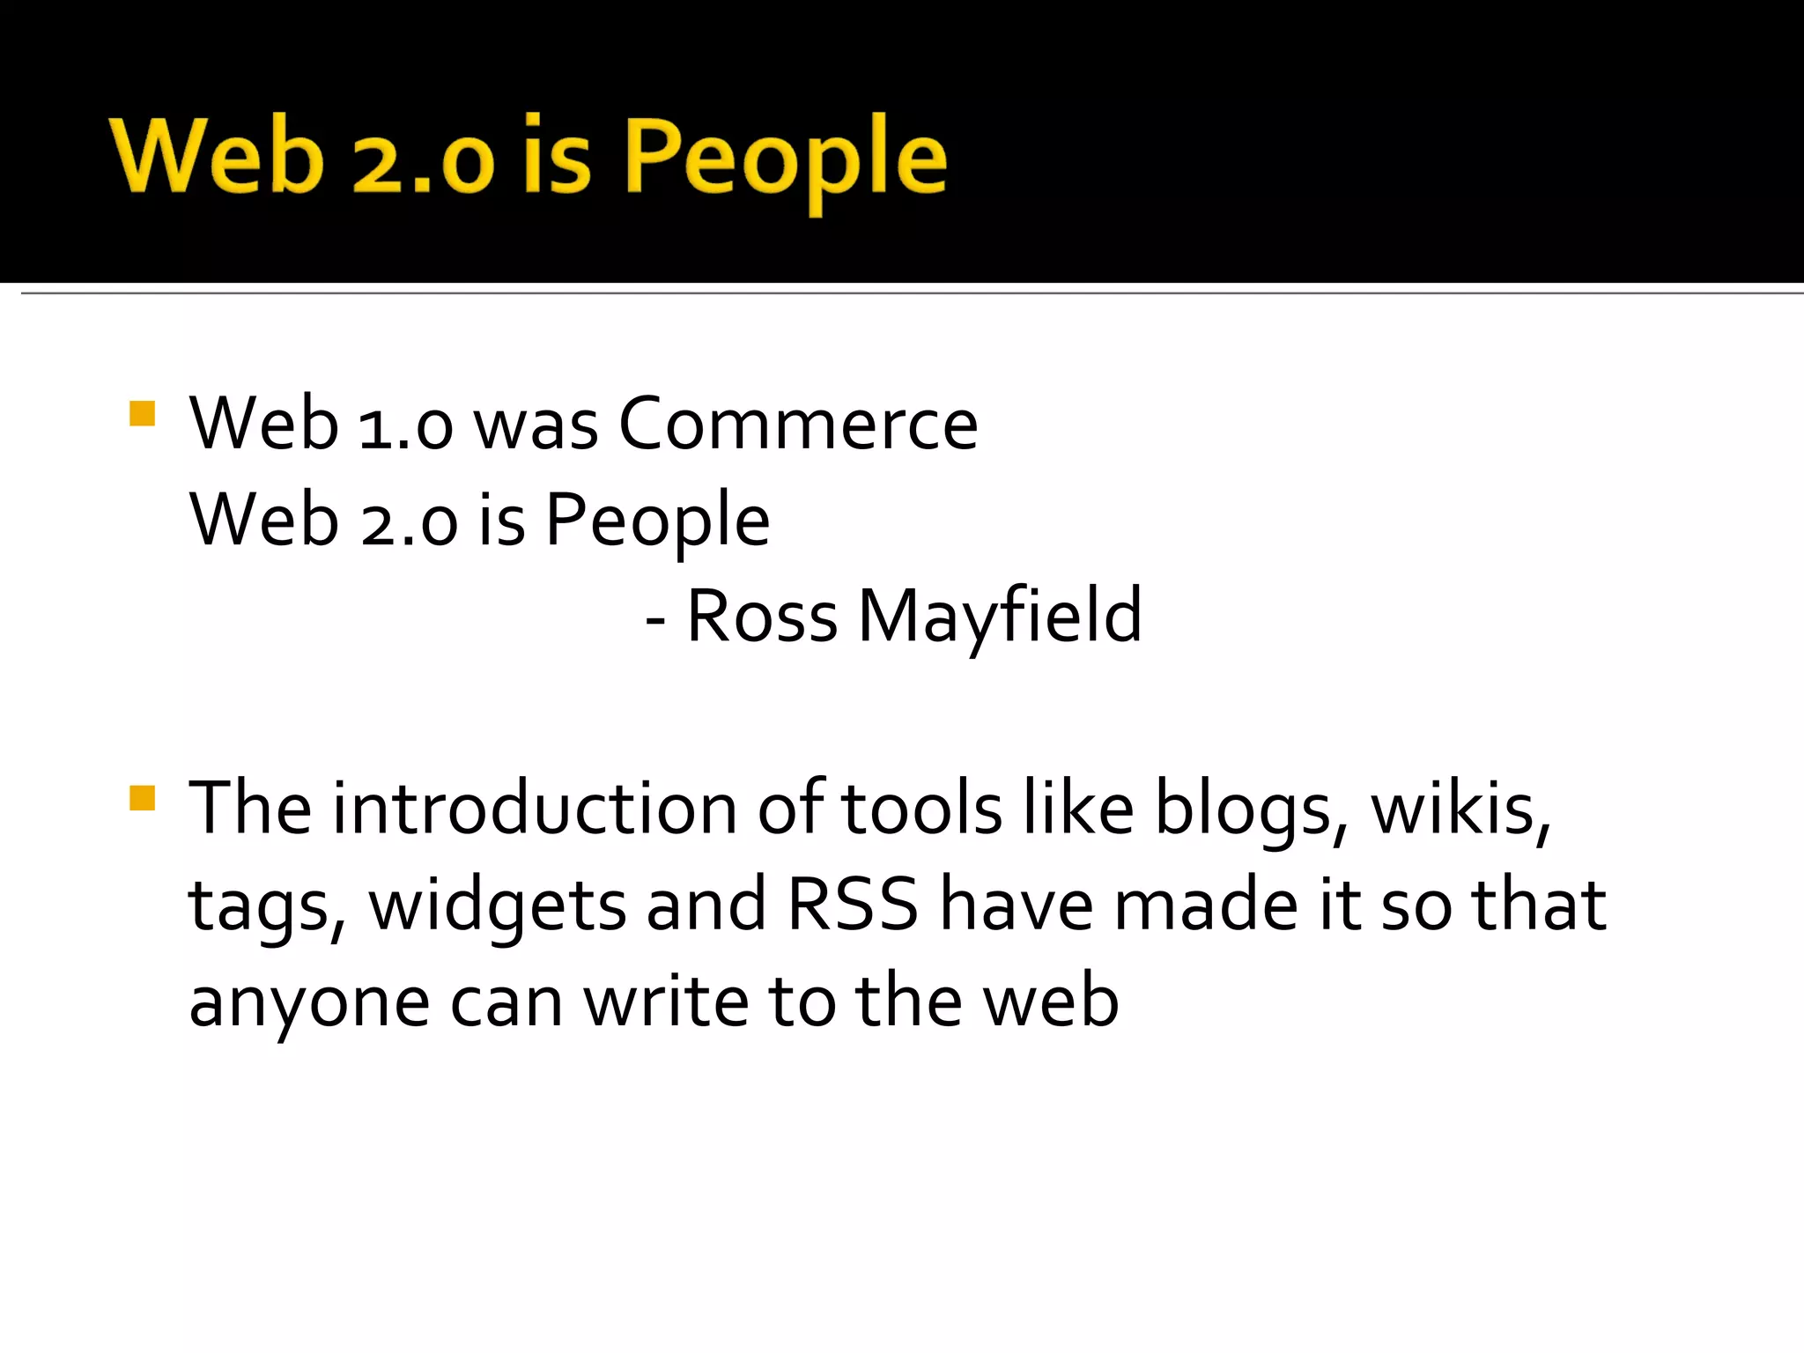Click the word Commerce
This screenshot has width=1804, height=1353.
click(x=798, y=424)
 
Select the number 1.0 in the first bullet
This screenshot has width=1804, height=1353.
click(x=406, y=425)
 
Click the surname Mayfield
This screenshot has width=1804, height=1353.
click(x=1000, y=616)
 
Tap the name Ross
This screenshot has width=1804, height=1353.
click(x=762, y=616)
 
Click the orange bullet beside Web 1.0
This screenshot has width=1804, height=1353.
click(x=142, y=413)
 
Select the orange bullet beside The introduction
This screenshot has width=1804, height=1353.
click(x=142, y=797)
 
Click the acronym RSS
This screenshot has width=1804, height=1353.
click(x=853, y=905)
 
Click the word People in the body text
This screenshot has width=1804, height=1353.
click(x=657, y=521)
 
